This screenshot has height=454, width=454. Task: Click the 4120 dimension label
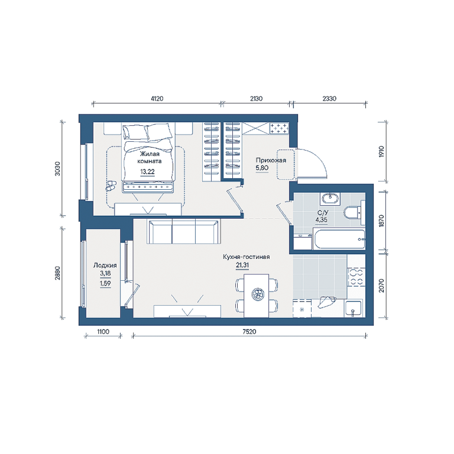pyautogui.click(x=157, y=99)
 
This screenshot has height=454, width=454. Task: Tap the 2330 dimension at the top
pyautogui.click(x=329, y=99)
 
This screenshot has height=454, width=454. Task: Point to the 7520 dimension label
pyautogui.click(x=249, y=332)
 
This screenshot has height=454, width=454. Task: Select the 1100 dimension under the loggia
pyautogui.click(x=103, y=332)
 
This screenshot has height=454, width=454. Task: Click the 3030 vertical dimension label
pyautogui.click(x=57, y=168)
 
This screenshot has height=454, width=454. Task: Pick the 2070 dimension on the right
pyautogui.click(x=381, y=286)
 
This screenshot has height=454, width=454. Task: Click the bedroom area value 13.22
pyautogui.click(x=147, y=171)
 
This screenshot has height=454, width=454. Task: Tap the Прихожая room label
pyautogui.click(x=271, y=160)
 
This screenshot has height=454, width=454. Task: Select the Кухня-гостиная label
pyautogui.click(x=246, y=257)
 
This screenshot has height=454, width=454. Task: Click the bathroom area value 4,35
pyautogui.click(x=322, y=220)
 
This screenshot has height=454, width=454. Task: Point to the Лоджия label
pyautogui.click(x=105, y=265)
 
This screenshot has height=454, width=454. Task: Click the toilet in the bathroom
pyautogui.click(x=354, y=213)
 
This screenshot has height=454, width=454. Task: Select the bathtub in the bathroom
pyautogui.click(x=339, y=239)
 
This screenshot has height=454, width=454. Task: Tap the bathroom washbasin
pyautogui.click(x=330, y=199)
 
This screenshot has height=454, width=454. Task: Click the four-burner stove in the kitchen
pyautogui.click(x=355, y=277)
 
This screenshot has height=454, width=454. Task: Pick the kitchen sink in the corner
pyautogui.click(x=354, y=309)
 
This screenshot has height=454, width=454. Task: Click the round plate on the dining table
pyautogui.click(x=257, y=294)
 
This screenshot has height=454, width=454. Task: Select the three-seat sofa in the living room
pyautogui.click(x=184, y=231)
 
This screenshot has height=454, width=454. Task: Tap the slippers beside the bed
pyautogui.click(x=111, y=186)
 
